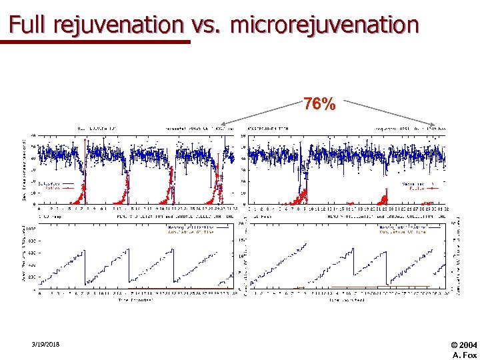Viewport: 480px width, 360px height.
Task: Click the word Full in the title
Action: pyautogui.click(x=29, y=25)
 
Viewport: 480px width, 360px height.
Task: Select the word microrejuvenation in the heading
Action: pyautogui.click(x=325, y=25)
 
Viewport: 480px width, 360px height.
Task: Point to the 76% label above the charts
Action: pyautogui.click(x=319, y=105)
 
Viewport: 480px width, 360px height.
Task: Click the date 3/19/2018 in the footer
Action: pyautogui.click(x=45, y=344)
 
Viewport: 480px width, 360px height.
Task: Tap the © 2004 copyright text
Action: pyautogui.click(x=464, y=344)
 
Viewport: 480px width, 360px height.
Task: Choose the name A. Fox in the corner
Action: pyautogui.click(x=465, y=355)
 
